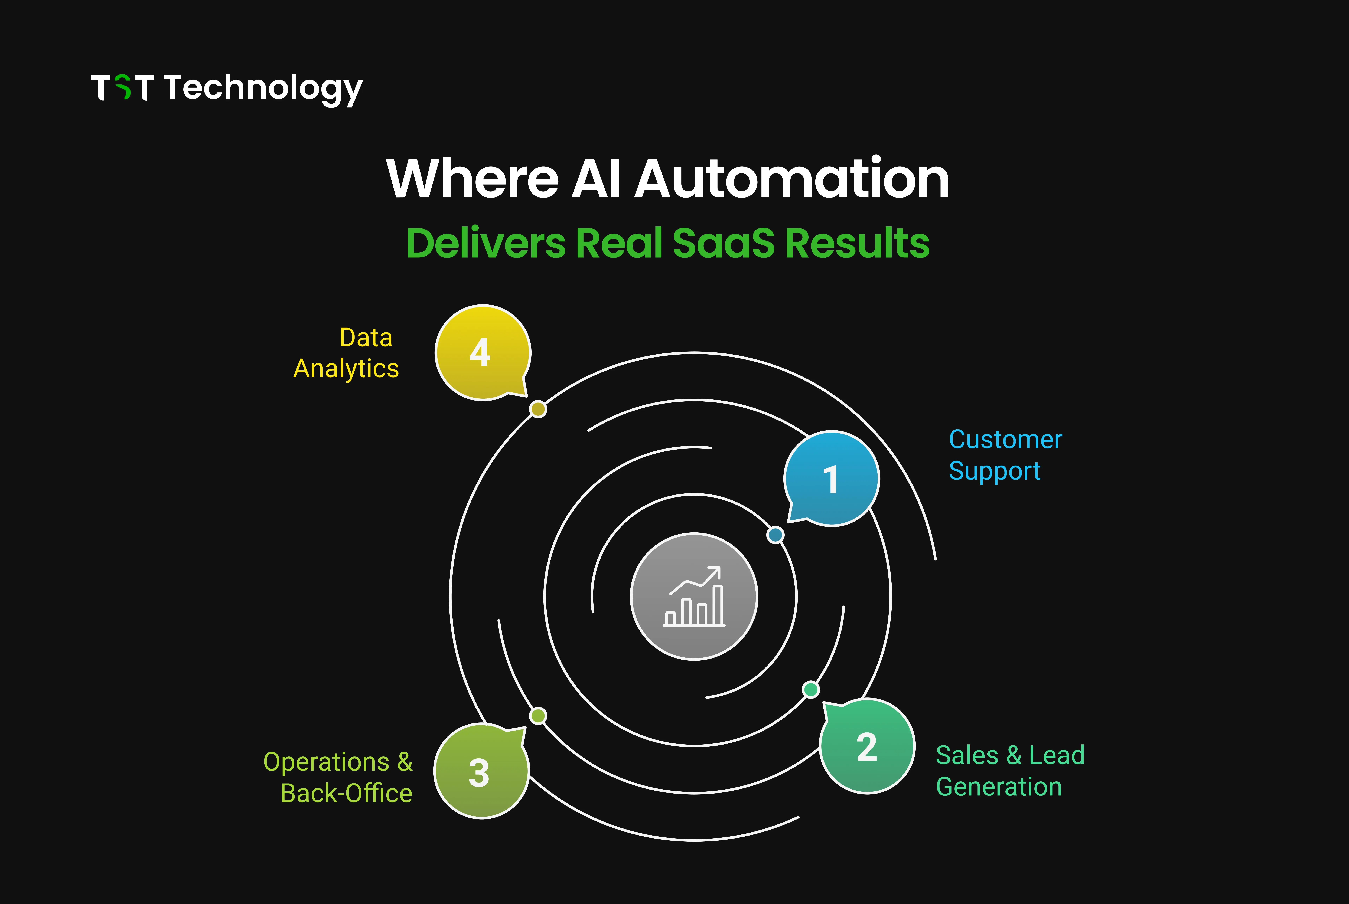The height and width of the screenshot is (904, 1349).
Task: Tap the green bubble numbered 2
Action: [867, 747]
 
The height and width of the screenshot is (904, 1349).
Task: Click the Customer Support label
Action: [1005, 455]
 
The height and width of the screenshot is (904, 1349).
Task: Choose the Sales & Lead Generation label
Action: [1009, 771]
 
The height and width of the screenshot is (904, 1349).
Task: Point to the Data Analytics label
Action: [346, 353]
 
